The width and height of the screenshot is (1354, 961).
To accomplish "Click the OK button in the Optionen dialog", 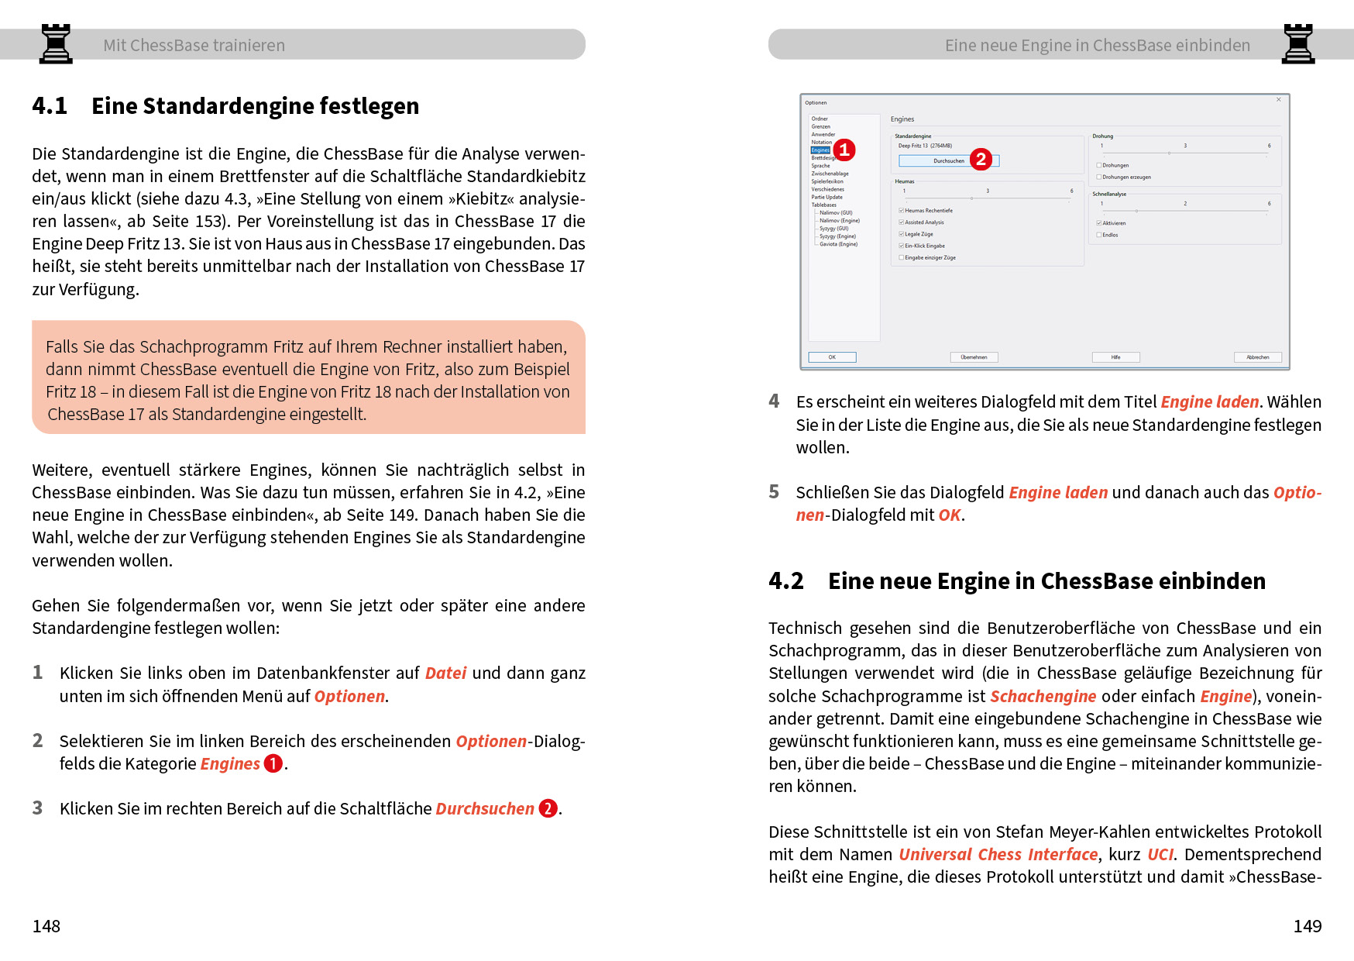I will point(832,357).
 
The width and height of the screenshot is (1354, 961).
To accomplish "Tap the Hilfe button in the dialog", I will point(1115,357).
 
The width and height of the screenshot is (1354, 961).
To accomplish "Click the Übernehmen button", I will point(974,357).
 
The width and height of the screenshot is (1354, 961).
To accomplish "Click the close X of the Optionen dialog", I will point(1278,100).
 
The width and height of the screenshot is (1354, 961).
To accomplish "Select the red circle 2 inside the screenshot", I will point(981,159).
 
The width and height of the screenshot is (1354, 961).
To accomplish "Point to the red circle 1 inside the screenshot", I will point(844,150).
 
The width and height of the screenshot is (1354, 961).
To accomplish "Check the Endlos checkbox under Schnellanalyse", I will point(1099,235).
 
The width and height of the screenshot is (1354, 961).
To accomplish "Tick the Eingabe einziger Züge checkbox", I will point(902,257).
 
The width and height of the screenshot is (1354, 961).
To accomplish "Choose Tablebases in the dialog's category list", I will point(823,205).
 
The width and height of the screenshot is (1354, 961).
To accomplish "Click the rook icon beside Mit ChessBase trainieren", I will point(56,43).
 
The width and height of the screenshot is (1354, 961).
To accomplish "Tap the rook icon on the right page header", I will point(1298,43).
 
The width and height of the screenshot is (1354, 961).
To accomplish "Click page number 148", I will point(46,926).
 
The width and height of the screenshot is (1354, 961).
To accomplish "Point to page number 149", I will point(1308,926).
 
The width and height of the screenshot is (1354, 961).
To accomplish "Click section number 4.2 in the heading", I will point(785,581).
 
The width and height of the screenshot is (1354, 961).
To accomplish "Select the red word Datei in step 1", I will point(445,673).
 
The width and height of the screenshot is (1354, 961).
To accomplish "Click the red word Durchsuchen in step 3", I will point(485,808).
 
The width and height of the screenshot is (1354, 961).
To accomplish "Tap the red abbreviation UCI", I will point(1160,854).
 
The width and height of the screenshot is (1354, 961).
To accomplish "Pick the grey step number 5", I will point(774,492).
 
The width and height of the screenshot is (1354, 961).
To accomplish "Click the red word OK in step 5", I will point(950,515).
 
